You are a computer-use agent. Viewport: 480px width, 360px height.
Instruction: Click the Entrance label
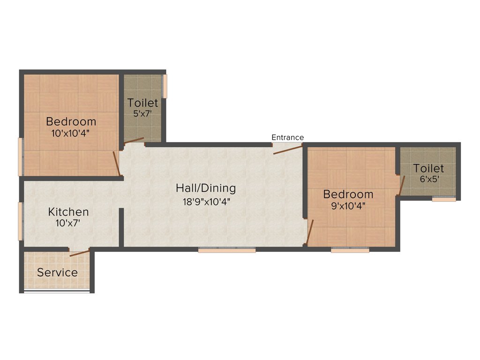point(288,137)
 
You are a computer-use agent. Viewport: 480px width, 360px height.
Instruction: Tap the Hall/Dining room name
point(206,188)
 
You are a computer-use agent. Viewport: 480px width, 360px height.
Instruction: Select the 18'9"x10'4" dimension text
point(206,202)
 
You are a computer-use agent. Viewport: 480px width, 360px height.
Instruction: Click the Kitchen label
point(68,212)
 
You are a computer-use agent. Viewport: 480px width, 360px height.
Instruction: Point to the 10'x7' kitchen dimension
point(67,224)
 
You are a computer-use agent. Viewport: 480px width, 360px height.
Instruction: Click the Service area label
point(58,272)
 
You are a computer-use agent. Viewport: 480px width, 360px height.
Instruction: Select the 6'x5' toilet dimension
point(428,179)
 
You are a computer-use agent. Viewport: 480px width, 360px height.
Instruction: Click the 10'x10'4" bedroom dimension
point(71,133)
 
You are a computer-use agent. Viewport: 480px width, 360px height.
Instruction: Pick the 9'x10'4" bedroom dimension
point(348,205)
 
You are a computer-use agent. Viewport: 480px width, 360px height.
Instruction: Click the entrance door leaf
point(288,150)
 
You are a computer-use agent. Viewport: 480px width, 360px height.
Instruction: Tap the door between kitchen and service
point(79,253)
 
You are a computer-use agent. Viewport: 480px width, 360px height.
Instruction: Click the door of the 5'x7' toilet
point(135,140)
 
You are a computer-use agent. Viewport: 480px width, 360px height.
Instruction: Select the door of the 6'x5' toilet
point(401,185)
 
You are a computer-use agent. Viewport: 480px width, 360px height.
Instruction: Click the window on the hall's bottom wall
point(227,250)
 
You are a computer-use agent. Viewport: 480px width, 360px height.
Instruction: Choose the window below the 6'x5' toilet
point(444,199)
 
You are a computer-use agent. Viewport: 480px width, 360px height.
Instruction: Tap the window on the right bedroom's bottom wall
point(350,250)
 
